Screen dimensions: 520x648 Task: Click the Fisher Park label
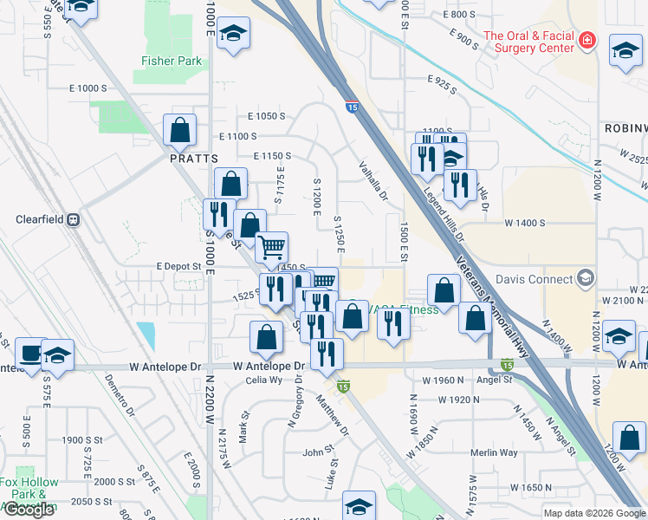[x=172, y=62]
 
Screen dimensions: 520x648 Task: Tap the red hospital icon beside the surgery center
[x=587, y=40]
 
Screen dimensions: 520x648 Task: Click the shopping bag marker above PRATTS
[x=179, y=130]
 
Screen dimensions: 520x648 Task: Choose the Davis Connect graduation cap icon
[x=586, y=278]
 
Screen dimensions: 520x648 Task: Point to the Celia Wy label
[x=264, y=380]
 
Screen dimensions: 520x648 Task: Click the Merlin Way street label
[x=494, y=453]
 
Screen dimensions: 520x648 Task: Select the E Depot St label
[x=178, y=266]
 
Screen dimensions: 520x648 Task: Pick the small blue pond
[x=146, y=335]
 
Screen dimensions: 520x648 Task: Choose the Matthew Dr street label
[x=332, y=416]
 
